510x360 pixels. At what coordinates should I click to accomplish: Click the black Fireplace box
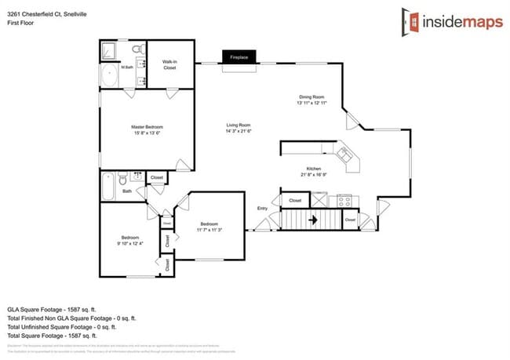point(239,57)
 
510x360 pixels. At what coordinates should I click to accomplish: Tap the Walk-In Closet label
point(169,65)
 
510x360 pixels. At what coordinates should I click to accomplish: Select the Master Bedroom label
point(147,129)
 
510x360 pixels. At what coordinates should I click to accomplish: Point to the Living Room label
point(239,128)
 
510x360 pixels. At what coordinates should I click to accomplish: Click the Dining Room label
point(311,100)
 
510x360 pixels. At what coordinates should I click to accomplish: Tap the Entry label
point(262,208)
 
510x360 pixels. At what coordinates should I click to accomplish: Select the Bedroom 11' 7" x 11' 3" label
point(209,225)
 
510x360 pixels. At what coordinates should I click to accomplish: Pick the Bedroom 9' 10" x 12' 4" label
point(129,240)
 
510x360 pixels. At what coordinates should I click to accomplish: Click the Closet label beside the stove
point(295,201)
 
